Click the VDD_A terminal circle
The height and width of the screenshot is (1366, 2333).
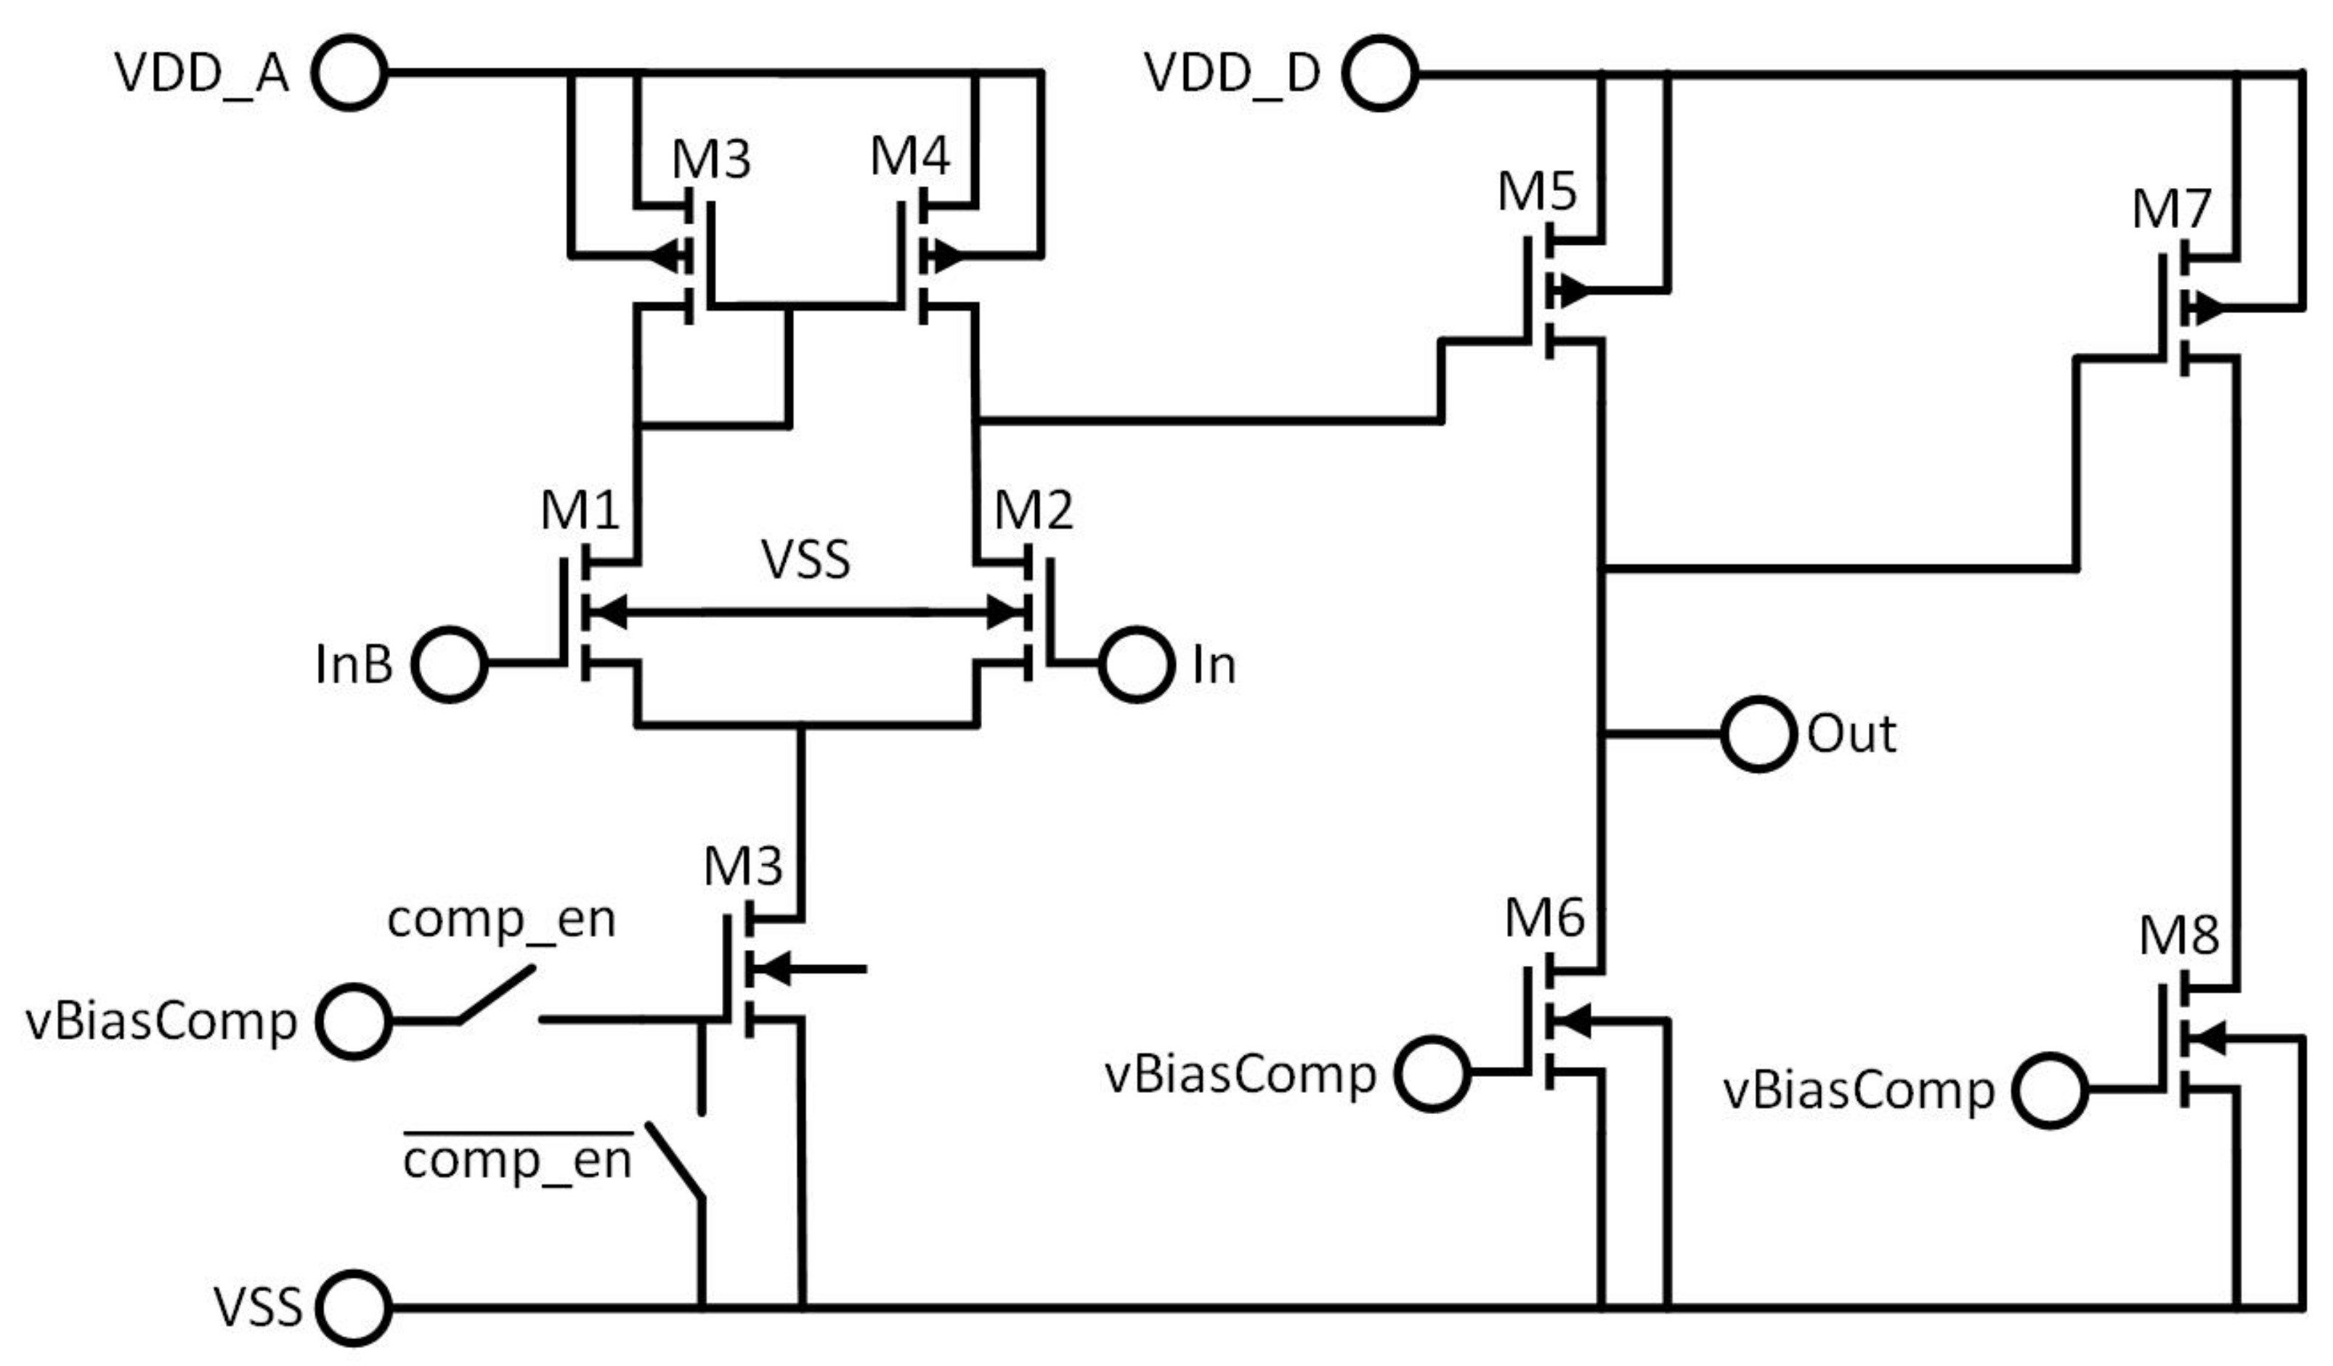pos(349,72)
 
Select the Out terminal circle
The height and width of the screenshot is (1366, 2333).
pos(1758,734)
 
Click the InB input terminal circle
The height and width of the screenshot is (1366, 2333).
pos(449,664)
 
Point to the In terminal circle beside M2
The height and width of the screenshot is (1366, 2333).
pos(1137,664)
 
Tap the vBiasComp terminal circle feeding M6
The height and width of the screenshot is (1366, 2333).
pos(1432,1073)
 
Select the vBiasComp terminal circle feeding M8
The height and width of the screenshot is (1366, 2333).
pos(2050,1090)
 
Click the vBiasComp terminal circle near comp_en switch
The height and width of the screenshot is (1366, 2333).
pos(353,1022)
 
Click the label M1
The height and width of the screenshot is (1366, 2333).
pos(580,510)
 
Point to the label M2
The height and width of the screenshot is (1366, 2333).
pos(1034,510)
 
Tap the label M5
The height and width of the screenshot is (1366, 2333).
pos(1537,192)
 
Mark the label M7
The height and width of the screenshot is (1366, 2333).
pos(2172,209)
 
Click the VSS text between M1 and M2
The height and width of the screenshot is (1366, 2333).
pos(806,560)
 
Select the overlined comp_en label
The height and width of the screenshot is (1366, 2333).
pos(518,1160)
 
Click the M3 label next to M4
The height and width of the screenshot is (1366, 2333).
pos(711,159)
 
